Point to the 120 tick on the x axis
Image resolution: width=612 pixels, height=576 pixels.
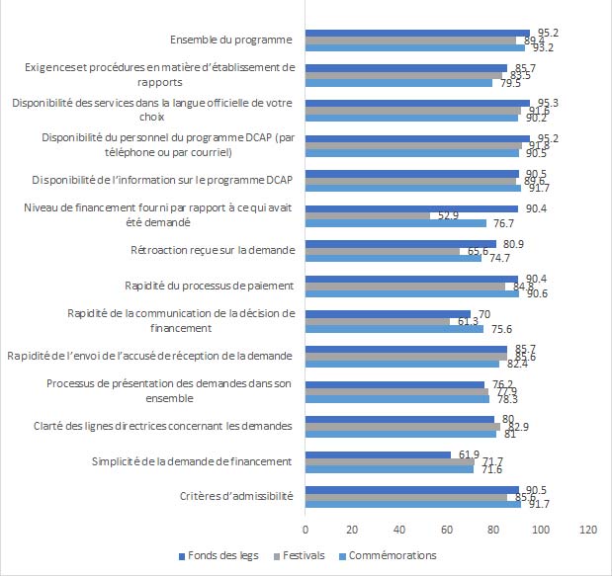point(589,530)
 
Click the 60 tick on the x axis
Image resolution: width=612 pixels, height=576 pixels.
point(447,530)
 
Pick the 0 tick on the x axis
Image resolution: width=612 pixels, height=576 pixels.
point(306,530)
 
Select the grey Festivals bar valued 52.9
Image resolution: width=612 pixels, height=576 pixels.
point(368,215)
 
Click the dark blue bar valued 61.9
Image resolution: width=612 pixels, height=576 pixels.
point(378,454)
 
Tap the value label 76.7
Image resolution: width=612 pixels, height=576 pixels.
point(501,223)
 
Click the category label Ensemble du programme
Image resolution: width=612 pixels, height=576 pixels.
point(231,40)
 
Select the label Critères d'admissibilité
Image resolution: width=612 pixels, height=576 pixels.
point(237,497)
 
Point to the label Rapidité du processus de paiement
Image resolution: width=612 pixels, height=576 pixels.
point(209,286)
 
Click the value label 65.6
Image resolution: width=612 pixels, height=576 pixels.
point(476,252)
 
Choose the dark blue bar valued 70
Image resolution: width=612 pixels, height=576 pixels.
point(388,314)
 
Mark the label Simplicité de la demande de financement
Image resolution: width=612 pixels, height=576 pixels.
point(192,461)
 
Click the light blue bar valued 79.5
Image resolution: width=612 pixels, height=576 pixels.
point(399,82)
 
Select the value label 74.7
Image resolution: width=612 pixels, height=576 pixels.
point(497,259)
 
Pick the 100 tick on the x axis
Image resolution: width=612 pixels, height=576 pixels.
point(542,530)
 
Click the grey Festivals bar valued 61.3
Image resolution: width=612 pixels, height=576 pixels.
point(378,321)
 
